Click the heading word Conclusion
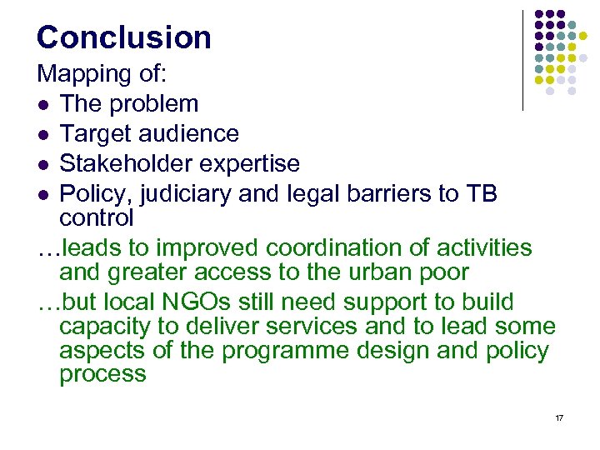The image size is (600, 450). pos(124,37)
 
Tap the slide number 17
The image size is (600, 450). pos(558,417)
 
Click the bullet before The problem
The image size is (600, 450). pos(43,105)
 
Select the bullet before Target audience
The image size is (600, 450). pos(43,134)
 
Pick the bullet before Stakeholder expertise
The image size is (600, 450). pos(43,163)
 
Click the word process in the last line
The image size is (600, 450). pos(102,374)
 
